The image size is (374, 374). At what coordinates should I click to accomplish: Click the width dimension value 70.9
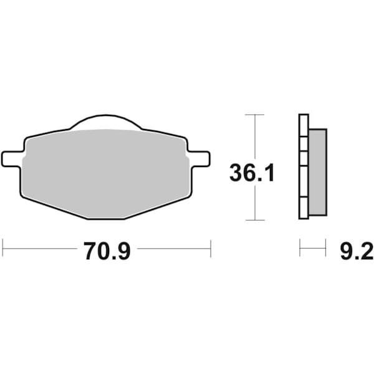click(x=107, y=252)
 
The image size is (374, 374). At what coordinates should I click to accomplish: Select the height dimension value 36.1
click(x=252, y=172)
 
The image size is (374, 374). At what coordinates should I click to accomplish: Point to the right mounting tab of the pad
click(x=199, y=158)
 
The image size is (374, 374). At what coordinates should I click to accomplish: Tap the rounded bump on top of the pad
click(x=107, y=123)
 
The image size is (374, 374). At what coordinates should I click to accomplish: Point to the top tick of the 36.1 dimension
click(x=254, y=115)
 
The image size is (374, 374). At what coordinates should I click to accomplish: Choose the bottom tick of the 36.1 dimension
click(x=254, y=220)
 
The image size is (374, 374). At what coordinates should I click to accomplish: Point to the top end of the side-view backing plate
click(x=304, y=116)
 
